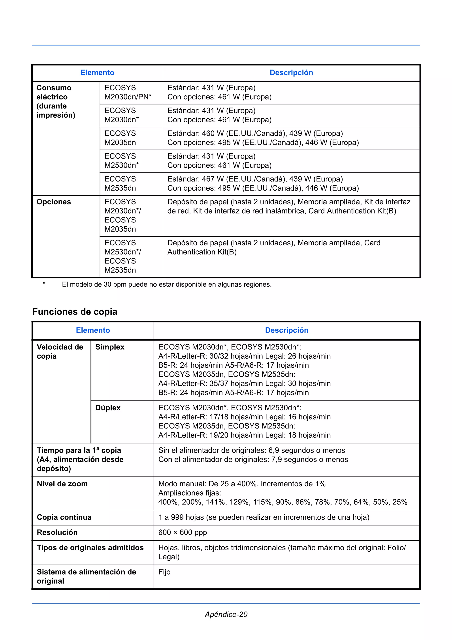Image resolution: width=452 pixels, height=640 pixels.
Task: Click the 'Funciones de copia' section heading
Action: click(75, 311)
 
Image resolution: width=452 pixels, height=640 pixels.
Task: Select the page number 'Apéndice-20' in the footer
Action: click(226, 614)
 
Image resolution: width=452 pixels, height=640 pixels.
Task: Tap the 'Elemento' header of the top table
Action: click(97, 72)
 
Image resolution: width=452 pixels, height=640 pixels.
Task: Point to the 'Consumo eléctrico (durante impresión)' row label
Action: click(56, 101)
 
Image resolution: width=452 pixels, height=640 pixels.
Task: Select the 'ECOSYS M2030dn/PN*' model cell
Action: click(128, 92)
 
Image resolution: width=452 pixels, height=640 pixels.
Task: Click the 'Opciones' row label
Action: click(54, 202)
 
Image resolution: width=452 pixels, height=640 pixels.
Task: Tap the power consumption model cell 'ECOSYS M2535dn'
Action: click(120, 184)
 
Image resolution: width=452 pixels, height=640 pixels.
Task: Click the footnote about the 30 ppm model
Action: click(167, 284)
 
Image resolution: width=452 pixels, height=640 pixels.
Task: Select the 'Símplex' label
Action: click(110, 347)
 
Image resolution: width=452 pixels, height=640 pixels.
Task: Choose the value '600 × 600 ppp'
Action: click(183, 532)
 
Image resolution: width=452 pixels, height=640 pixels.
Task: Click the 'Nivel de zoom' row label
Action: click(62, 484)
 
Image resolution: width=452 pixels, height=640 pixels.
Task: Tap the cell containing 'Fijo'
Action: click(164, 572)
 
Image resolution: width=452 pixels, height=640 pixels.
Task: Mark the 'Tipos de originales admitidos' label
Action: click(90, 547)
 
